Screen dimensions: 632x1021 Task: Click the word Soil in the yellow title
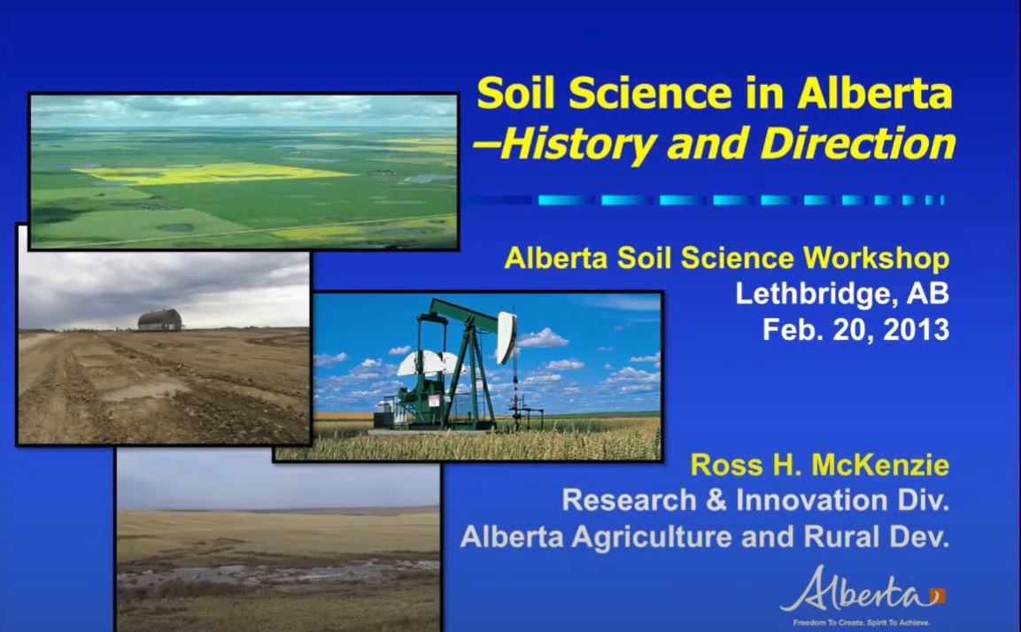click(516, 94)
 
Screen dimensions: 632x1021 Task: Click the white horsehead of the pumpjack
click(507, 335)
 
